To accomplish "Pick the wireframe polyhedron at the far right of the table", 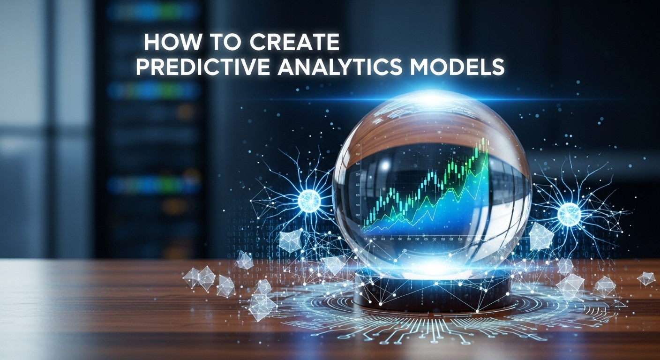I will [x=646, y=278].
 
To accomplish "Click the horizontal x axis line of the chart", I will [x=422, y=235].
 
